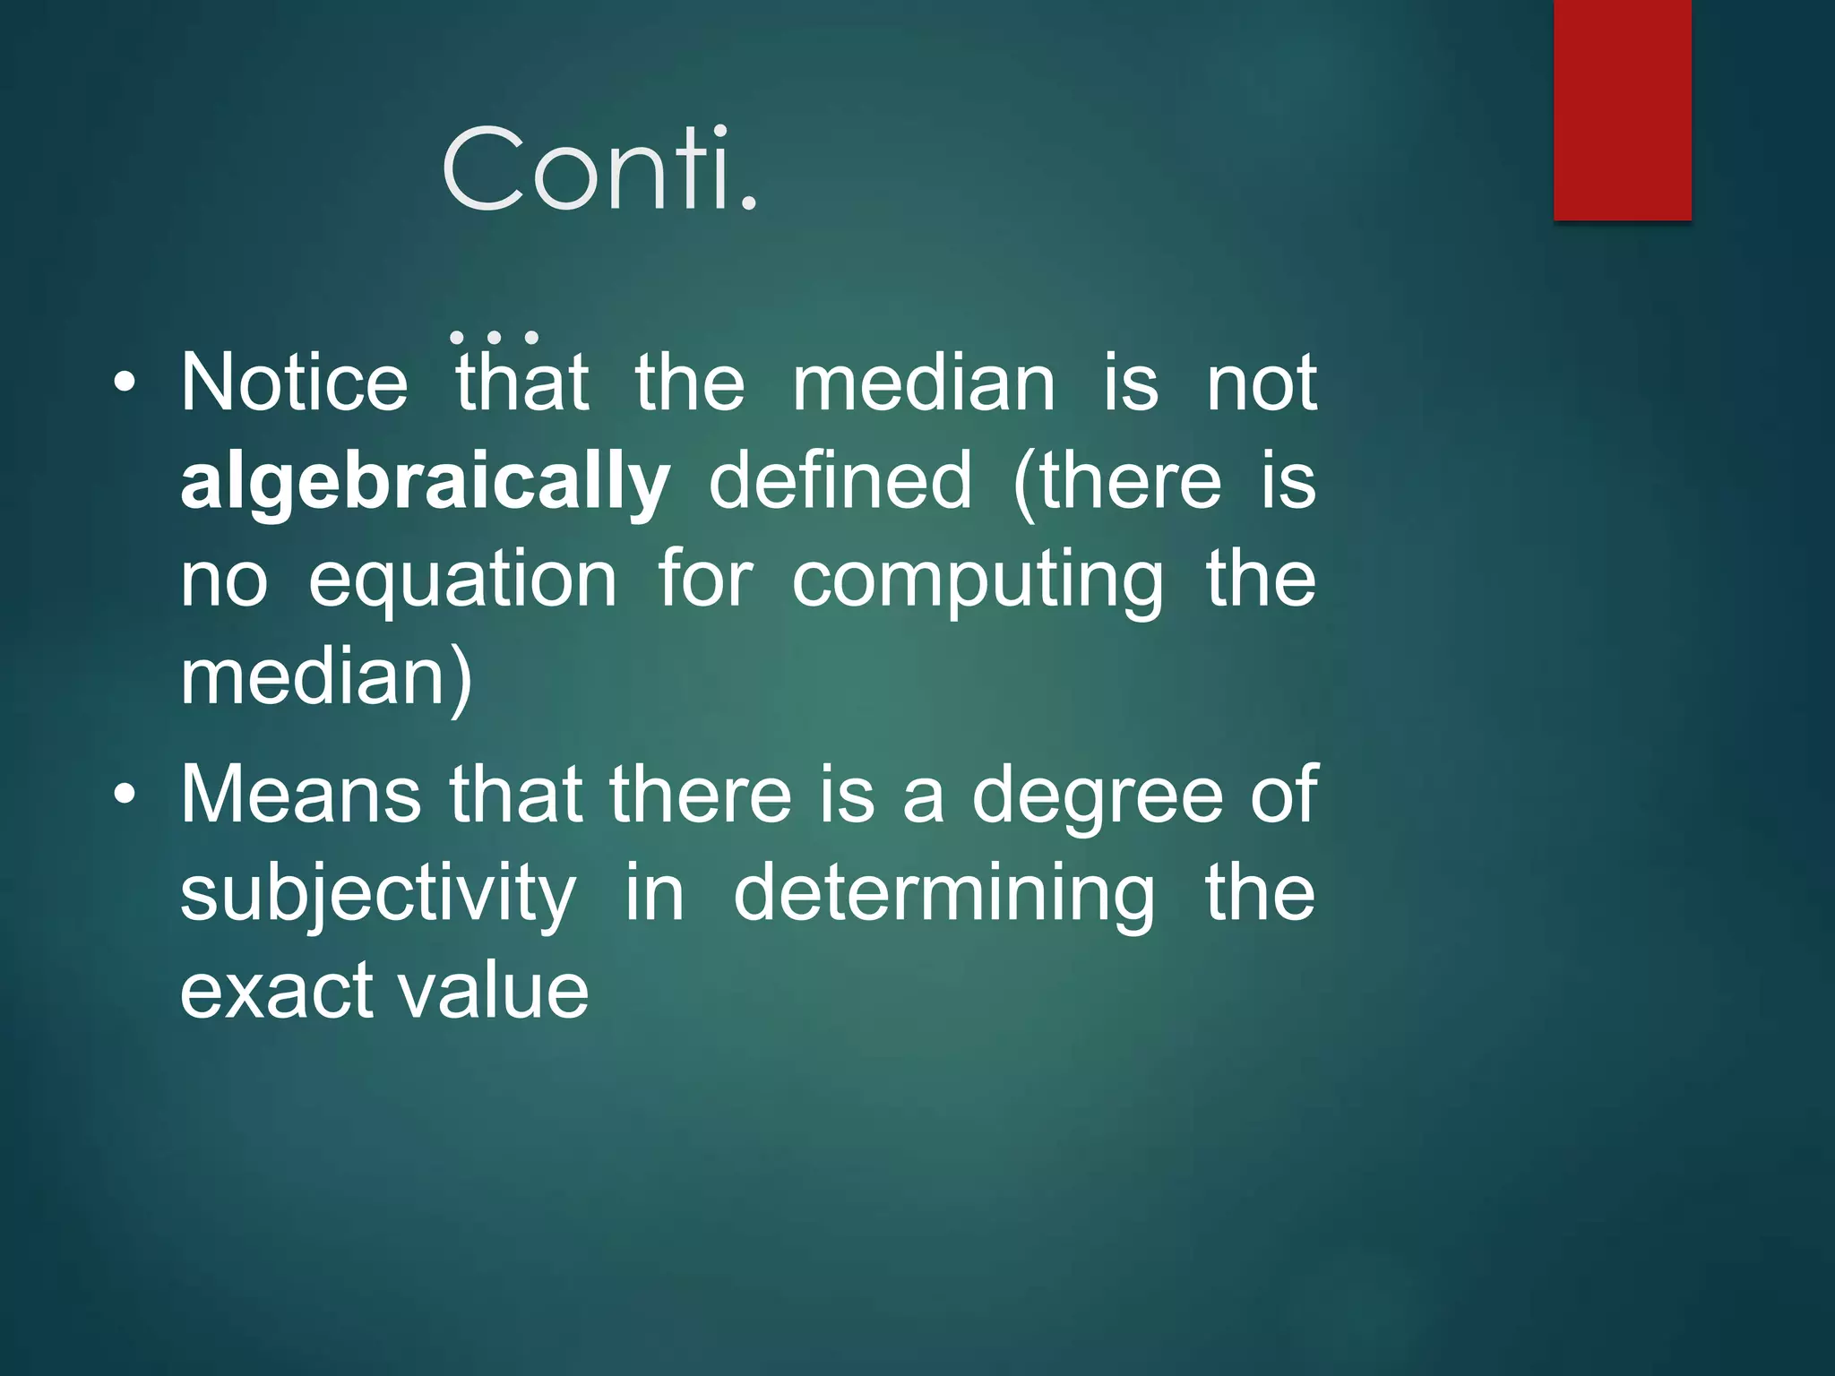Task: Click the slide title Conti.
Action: click(x=599, y=170)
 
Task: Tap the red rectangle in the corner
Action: click(x=1622, y=109)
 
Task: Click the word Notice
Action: click(x=294, y=383)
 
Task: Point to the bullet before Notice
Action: click(x=125, y=384)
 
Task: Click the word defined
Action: click(x=840, y=482)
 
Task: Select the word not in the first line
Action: click(x=1262, y=383)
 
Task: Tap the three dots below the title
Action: click(x=494, y=337)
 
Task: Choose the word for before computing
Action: click(x=705, y=580)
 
